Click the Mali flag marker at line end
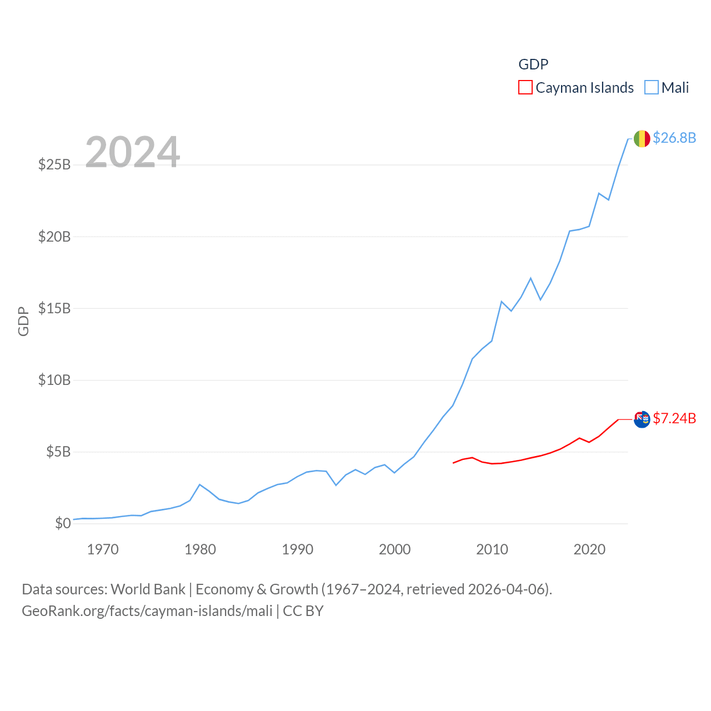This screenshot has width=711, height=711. [x=642, y=139]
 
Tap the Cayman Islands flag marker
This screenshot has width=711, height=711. [x=642, y=419]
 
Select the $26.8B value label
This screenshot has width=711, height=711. [x=674, y=138]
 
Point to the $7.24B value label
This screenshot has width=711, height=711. [x=674, y=418]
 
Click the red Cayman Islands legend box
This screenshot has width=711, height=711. [x=525, y=88]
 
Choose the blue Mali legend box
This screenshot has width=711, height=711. [x=651, y=88]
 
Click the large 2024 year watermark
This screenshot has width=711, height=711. [x=132, y=152]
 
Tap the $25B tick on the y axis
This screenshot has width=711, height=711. [x=54, y=164]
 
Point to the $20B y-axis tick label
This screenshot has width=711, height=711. [x=54, y=237]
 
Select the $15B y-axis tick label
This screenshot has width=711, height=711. [x=54, y=308]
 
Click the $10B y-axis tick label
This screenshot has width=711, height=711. [x=54, y=380]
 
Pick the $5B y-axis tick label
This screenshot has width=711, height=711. [x=58, y=452]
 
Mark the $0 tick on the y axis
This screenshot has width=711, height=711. [x=63, y=523]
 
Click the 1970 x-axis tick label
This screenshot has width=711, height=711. [x=103, y=550]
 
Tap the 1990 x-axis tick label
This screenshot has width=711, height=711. [x=298, y=550]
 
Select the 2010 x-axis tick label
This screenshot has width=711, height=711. [x=492, y=550]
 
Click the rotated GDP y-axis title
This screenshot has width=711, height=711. [x=23, y=321]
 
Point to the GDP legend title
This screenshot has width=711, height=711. [x=533, y=64]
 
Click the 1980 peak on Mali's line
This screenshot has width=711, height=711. [x=200, y=484]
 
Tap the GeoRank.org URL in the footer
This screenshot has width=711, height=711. [x=147, y=611]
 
